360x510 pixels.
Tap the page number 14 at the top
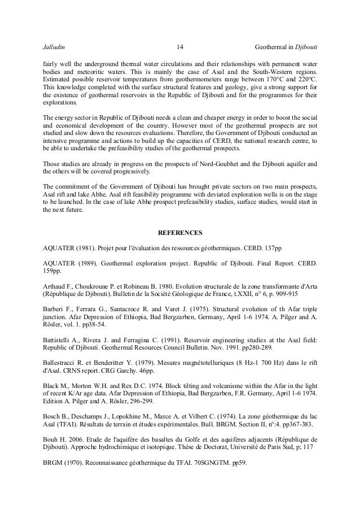[x=180, y=46]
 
